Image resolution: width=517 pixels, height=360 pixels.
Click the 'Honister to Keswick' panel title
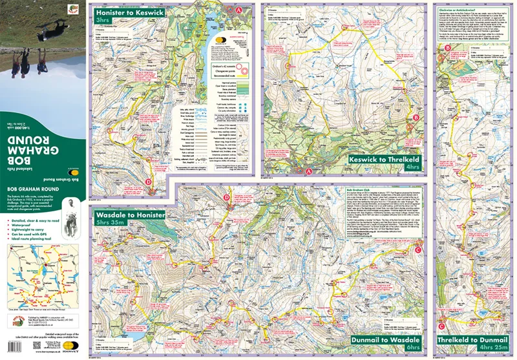point(131,12)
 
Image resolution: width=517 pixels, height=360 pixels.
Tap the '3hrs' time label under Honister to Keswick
point(103,21)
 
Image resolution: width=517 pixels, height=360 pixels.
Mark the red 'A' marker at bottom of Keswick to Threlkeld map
point(309,171)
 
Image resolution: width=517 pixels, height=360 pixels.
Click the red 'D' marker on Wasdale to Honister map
point(226,198)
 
